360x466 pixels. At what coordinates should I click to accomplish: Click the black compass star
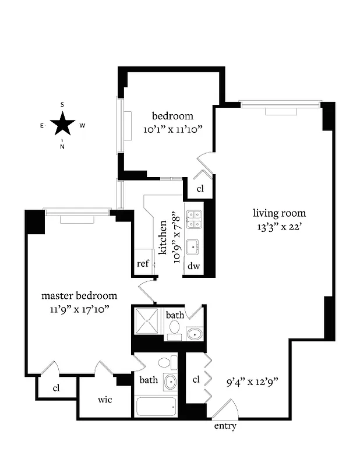(x=62, y=124)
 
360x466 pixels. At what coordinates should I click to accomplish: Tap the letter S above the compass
(x=62, y=105)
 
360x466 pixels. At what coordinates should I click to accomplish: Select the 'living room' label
(x=278, y=213)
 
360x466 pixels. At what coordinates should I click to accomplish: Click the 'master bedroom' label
(x=79, y=296)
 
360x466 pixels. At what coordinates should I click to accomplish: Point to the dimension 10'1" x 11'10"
(x=172, y=130)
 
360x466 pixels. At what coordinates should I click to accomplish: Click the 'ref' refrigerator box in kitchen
(x=143, y=263)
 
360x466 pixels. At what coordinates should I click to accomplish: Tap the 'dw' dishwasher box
(x=194, y=266)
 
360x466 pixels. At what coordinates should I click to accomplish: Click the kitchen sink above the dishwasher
(x=193, y=246)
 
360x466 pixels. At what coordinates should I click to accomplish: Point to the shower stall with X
(x=148, y=322)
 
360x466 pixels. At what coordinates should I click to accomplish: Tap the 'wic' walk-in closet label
(x=105, y=400)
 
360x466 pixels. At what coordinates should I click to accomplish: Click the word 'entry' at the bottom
(x=225, y=426)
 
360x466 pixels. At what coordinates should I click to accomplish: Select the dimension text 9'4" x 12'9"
(x=252, y=383)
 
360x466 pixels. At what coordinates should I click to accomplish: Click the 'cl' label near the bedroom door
(x=200, y=189)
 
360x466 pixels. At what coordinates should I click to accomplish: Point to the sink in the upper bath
(x=194, y=334)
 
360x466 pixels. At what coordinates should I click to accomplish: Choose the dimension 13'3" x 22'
(x=278, y=227)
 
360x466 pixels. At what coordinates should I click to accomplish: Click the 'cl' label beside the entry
(x=196, y=379)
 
